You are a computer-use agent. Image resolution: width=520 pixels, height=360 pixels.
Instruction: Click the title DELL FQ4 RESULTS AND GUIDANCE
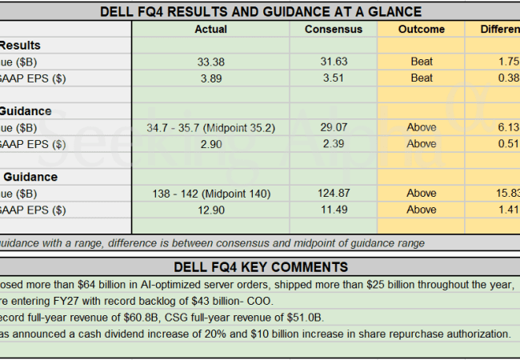point(261,11)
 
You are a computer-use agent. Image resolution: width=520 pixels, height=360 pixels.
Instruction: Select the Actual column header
point(210,30)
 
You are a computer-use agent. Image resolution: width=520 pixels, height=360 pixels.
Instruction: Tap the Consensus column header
point(334,30)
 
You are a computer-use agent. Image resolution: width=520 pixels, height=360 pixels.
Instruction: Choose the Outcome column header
point(421,30)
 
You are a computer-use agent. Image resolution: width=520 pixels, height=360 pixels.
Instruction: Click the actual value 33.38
point(210,62)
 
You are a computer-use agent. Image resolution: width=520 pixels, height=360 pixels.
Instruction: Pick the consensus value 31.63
point(334,62)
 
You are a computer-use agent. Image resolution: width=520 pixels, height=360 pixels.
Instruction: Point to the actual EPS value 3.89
point(210,78)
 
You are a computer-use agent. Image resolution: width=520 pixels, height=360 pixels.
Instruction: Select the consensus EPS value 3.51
point(334,78)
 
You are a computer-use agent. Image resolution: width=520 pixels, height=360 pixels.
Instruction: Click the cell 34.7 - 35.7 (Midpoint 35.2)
point(210,127)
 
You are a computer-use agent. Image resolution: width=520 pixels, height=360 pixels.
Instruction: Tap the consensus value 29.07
point(334,127)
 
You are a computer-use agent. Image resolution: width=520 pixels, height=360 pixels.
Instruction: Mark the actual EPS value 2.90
point(210,144)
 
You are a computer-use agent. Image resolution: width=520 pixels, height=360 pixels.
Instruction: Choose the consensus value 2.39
point(334,144)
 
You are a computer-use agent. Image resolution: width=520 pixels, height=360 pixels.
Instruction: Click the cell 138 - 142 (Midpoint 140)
point(210,193)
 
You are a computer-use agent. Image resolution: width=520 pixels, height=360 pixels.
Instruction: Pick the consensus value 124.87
point(334,193)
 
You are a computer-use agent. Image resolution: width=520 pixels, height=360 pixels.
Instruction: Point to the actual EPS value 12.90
point(210,210)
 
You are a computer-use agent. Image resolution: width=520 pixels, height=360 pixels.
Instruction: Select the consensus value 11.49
point(334,210)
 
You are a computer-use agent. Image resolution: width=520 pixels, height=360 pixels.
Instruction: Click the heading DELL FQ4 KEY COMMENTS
point(261,266)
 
